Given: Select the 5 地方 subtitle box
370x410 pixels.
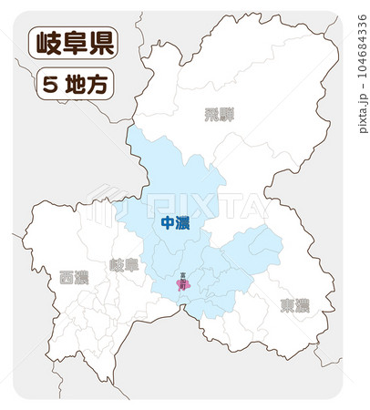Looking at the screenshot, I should (73, 85).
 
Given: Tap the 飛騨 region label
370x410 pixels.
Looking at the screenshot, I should (219, 115).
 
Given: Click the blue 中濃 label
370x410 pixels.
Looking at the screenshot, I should (174, 223).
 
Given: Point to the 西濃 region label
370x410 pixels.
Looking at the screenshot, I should (74, 276).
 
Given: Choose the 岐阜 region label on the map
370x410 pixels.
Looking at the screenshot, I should (123, 265).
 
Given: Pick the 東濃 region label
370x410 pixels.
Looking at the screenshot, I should (294, 304).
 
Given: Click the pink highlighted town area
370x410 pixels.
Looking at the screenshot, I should (183, 286).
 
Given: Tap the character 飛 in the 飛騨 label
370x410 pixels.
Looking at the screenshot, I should (211, 115).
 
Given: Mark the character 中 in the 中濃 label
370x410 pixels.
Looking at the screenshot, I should (167, 223).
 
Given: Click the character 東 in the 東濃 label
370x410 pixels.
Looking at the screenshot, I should (287, 304).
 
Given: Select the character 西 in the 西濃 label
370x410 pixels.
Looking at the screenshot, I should (67, 276).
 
